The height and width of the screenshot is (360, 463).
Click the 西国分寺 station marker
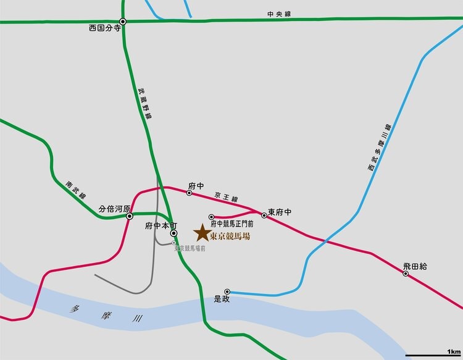[x=123, y=22]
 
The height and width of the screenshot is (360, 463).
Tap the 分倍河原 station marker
[x=130, y=216]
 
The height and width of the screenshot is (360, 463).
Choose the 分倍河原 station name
[x=115, y=208]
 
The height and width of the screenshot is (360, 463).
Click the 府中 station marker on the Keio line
[x=190, y=193]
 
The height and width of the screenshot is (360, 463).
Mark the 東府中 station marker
[x=264, y=216]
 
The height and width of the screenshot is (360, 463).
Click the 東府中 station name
[x=280, y=212]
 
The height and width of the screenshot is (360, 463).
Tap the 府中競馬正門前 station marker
[x=211, y=217]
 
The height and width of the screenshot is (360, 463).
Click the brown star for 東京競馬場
[x=201, y=233]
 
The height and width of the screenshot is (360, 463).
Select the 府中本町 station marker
[x=173, y=233]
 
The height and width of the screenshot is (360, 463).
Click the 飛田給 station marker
[x=406, y=274]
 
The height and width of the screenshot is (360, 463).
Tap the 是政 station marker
[x=227, y=291]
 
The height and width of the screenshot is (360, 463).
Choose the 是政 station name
[x=222, y=299]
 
